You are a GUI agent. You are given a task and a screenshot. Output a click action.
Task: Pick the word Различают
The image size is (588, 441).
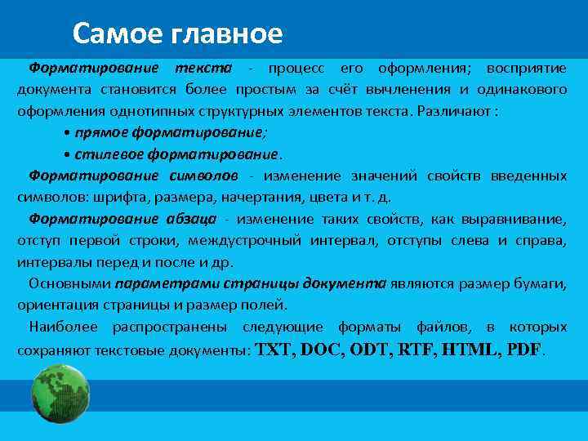[x=455, y=109]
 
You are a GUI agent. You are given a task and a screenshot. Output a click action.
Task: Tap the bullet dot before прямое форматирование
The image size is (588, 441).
[x=66, y=132]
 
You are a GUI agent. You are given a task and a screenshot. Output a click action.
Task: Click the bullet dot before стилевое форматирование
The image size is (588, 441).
[x=66, y=154]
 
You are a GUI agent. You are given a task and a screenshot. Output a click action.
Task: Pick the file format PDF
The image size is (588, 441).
[x=523, y=350]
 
